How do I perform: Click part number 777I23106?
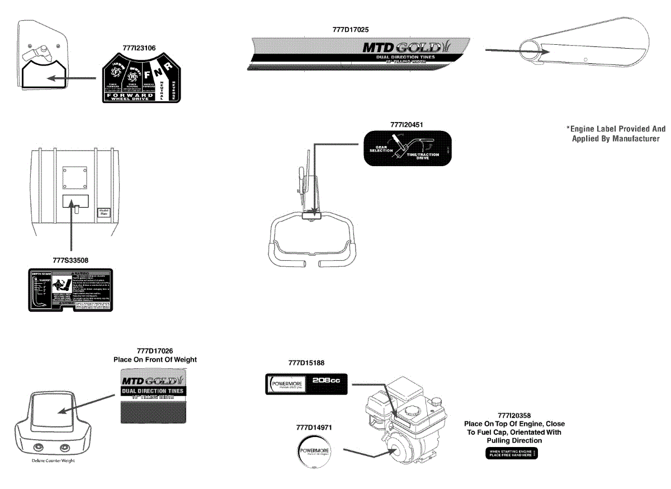pos(139,48)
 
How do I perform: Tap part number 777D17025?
pos(351,29)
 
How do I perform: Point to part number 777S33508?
pos(70,260)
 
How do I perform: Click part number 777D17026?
pos(155,351)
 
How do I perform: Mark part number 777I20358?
pos(514,415)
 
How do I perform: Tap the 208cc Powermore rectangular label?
pos(306,384)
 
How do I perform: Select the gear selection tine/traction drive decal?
pos(408,149)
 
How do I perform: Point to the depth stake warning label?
pos(71,289)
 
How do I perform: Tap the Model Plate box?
pos(104,212)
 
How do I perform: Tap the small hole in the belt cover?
pos(585,60)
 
